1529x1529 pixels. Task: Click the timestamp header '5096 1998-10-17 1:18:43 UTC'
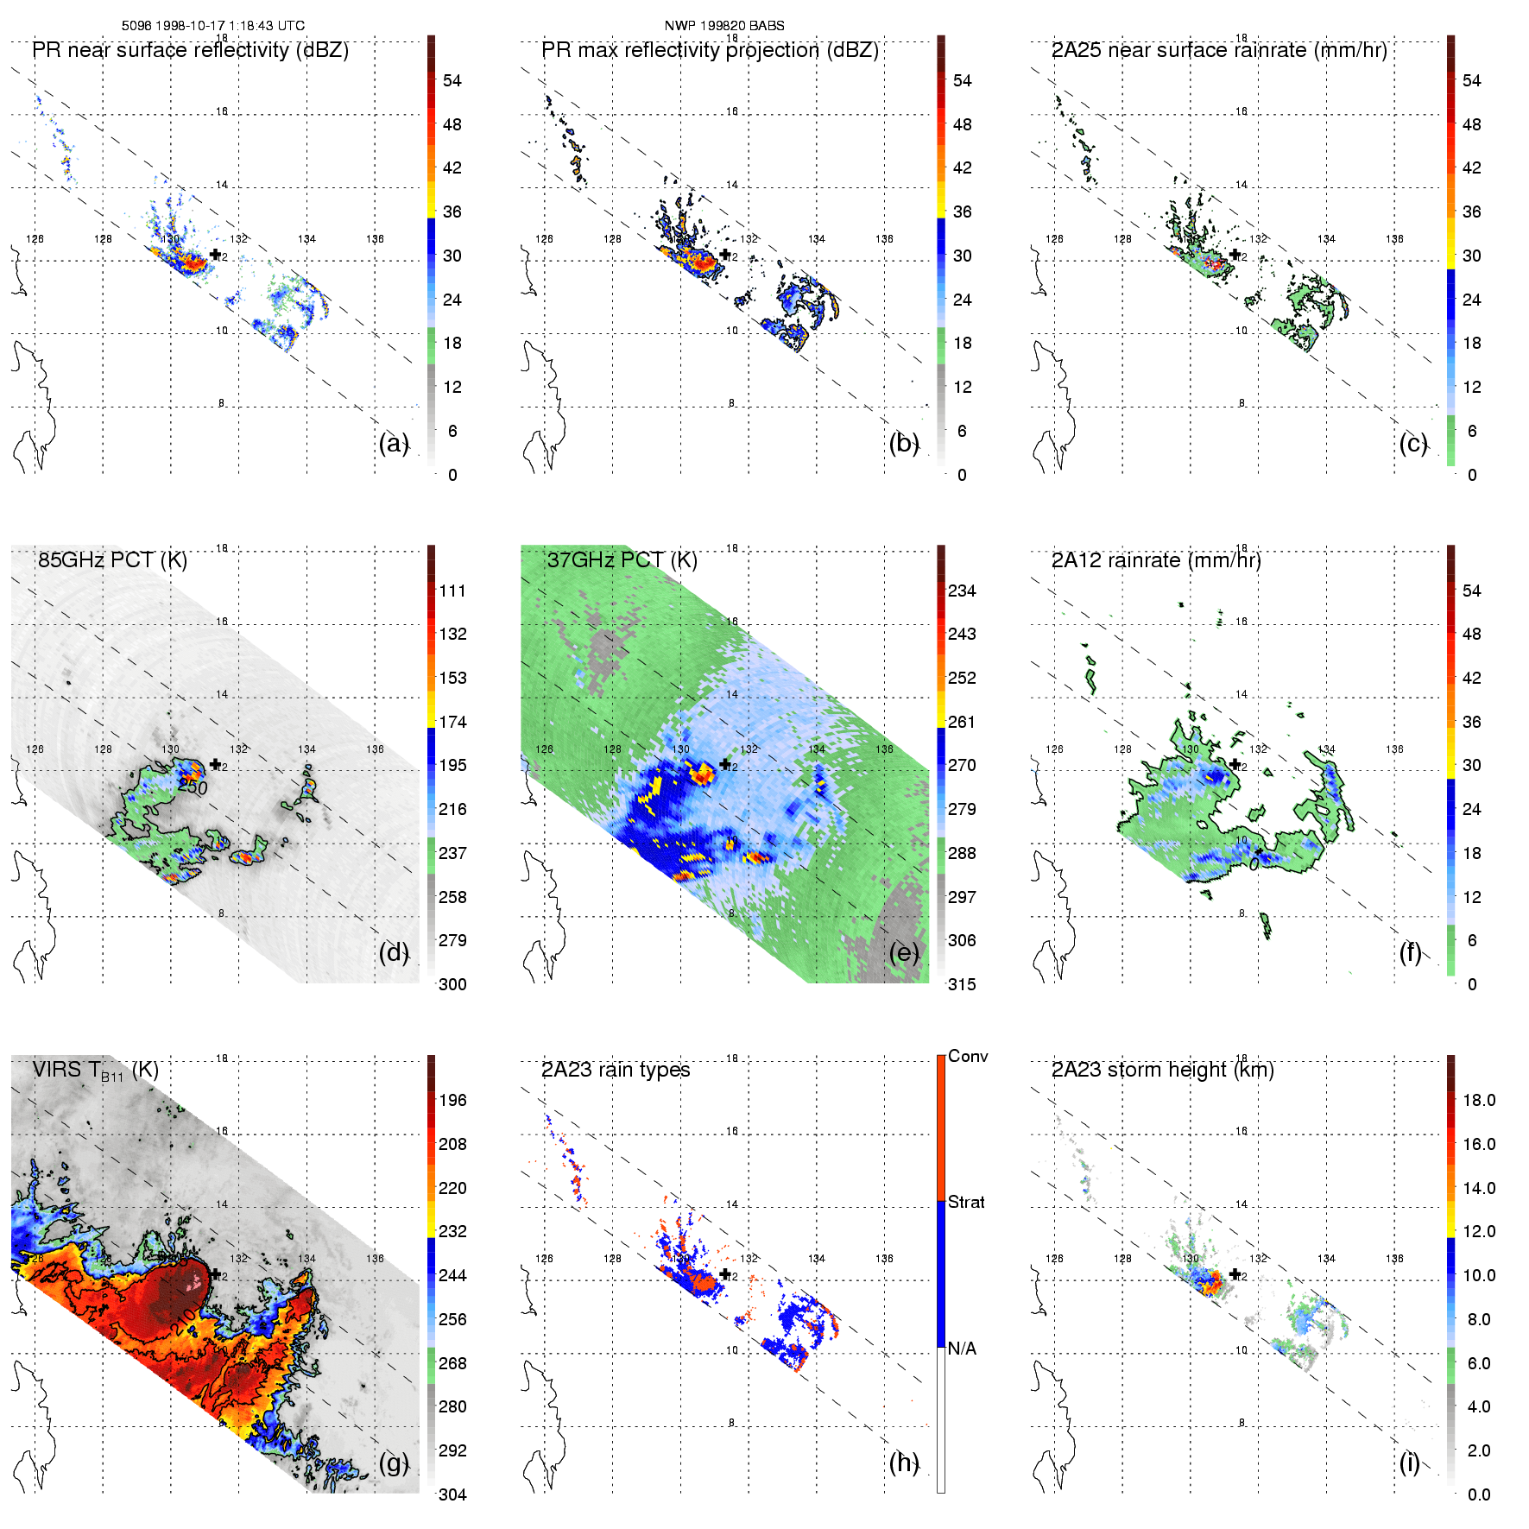212,26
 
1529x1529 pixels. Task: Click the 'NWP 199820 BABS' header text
723,26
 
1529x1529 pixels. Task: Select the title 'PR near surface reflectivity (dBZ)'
190,50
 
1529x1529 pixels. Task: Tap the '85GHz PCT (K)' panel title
112,560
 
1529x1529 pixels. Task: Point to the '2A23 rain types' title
616,1071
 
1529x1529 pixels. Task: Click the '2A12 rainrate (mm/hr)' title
1156,560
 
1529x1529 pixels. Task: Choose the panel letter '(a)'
393,444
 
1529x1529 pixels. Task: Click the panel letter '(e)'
903,953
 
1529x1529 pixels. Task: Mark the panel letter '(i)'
1410,1463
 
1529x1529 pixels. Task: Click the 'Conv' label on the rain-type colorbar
968,1057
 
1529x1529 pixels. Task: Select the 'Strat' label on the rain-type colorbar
966,1203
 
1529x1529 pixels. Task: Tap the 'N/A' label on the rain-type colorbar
963,1349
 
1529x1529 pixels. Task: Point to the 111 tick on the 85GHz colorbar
452,591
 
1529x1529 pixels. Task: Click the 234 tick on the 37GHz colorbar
962,591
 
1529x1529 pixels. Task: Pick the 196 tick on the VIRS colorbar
452,1101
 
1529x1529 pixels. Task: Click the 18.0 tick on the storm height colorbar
1478,1101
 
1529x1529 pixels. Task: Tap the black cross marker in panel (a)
215,255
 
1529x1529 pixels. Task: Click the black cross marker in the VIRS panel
215,1274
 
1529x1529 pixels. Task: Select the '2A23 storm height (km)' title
1162,1071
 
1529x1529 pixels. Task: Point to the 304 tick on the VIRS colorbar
452,1494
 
